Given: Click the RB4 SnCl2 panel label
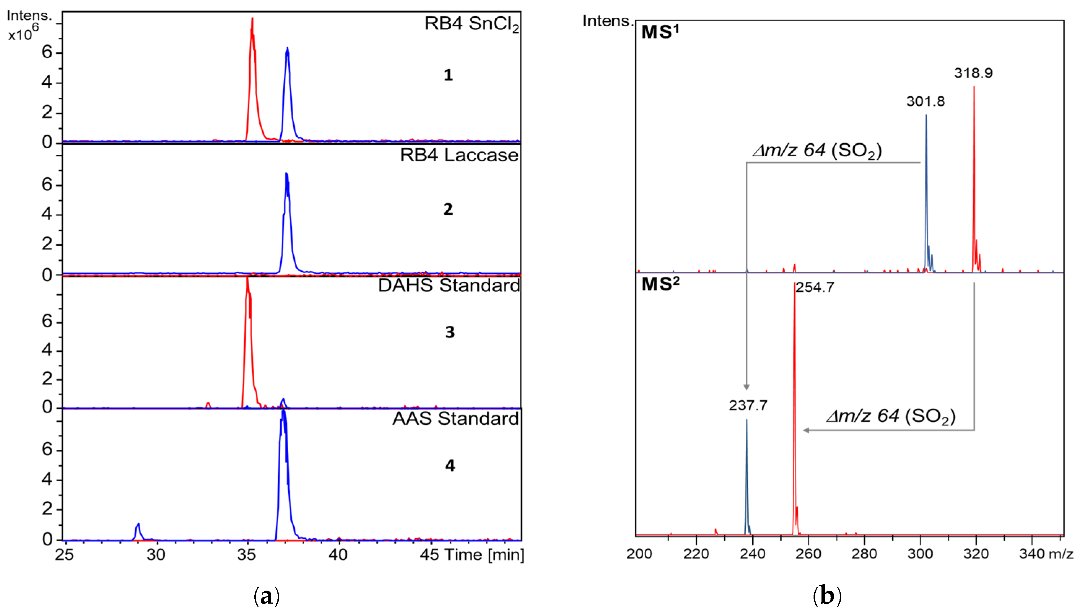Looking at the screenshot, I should [x=472, y=24].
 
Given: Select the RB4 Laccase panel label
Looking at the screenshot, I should [x=459, y=156].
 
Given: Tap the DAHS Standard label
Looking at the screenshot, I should [x=449, y=286].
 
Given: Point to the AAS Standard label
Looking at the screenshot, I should [x=455, y=419].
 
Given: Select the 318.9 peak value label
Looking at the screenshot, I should [x=973, y=73].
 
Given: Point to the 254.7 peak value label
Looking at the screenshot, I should [x=815, y=288].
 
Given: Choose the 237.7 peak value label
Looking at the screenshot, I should [x=748, y=406].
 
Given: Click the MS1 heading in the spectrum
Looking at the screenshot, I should [x=659, y=32].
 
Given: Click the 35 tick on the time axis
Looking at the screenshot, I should [x=247, y=555].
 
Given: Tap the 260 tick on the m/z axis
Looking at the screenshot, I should [x=808, y=553].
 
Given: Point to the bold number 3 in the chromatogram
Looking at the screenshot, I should [x=450, y=333].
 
